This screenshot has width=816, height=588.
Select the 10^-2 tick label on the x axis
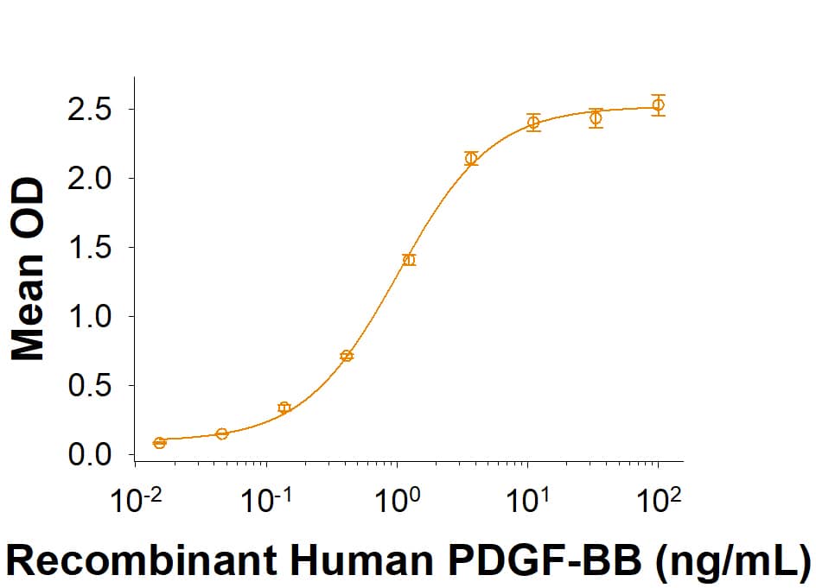pos(136,500)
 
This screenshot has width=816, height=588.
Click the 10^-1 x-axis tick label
pos(266,500)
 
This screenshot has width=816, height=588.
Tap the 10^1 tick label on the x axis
pos(529,500)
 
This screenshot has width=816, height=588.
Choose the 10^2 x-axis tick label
pos(660,500)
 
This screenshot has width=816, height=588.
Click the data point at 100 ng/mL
pos(658,105)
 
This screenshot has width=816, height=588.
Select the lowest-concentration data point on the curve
pos(159,443)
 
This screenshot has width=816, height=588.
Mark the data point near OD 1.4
pos(409,260)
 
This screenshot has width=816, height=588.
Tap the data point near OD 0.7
pos(347,356)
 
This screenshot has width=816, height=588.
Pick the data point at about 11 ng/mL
pos(533,123)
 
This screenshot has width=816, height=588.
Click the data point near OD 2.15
pos(471,158)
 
